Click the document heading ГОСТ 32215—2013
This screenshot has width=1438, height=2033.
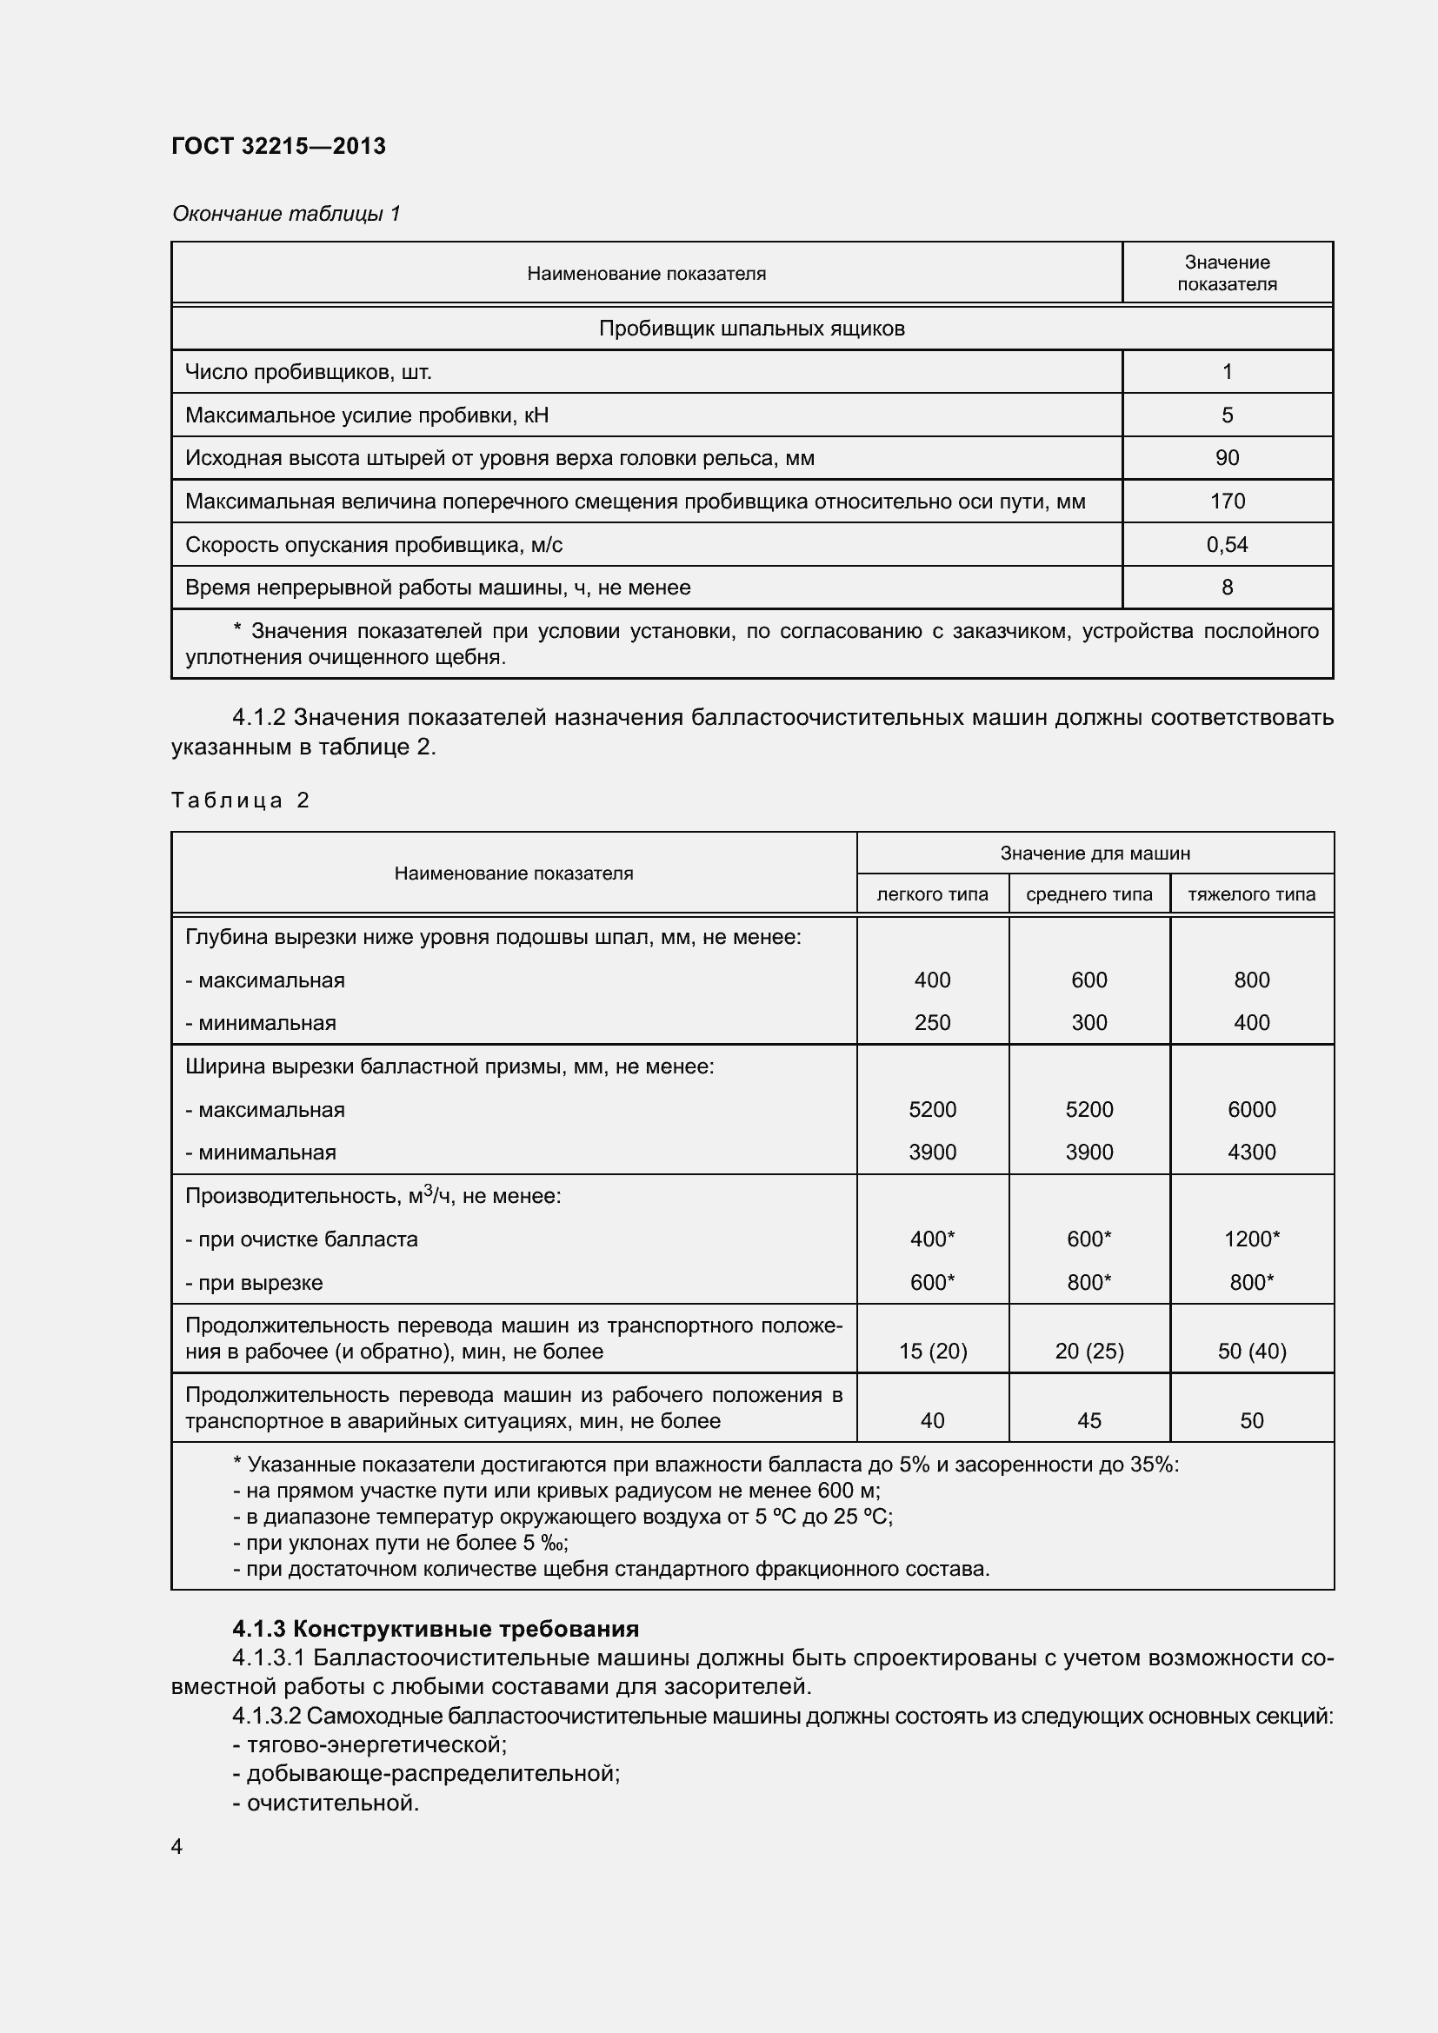pyautogui.click(x=278, y=146)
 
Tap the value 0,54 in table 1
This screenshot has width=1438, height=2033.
pyautogui.click(x=1227, y=545)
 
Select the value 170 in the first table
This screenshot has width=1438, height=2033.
pyautogui.click(x=1227, y=502)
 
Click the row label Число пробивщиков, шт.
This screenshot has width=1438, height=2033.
pyautogui.click(x=308, y=372)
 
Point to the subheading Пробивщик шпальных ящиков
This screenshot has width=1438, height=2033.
pyautogui.click(x=751, y=329)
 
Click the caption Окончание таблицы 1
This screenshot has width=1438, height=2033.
pyautogui.click(x=286, y=214)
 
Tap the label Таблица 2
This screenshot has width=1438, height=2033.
pyautogui.click(x=240, y=801)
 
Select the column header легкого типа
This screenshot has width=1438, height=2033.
pyautogui.click(x=931, y=894)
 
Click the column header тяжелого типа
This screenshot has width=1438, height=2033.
pyautogui.click(x=1251, y=894)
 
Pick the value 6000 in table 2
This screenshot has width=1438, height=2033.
pyautogui.click(x=1251, y=1109)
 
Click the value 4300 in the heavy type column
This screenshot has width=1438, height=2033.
pyautogui.click(x=1251, y=1152)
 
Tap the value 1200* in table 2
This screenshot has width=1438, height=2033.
pyautogui.click(x=1251, y=1239)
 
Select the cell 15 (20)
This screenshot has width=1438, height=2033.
pyautogui.click(x=932, y=1352)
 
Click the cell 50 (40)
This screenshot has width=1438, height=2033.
pyautogui.click(x=1251, y=1352)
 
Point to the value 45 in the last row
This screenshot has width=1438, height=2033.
pyautogui.click(x=1088, y=1420)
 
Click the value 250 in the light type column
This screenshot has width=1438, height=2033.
pyautogui.click(x=931, y=1023)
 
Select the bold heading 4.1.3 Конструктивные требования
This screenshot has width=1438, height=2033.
pyautogui.click(x=435, y=1628)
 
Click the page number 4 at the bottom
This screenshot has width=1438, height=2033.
pyautogui.click(x=177, y=1846)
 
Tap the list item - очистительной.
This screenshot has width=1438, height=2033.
pyautogui.click(x=325, y=1803)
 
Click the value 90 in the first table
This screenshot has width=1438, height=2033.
pyautogui.click(x=1227, y=458)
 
